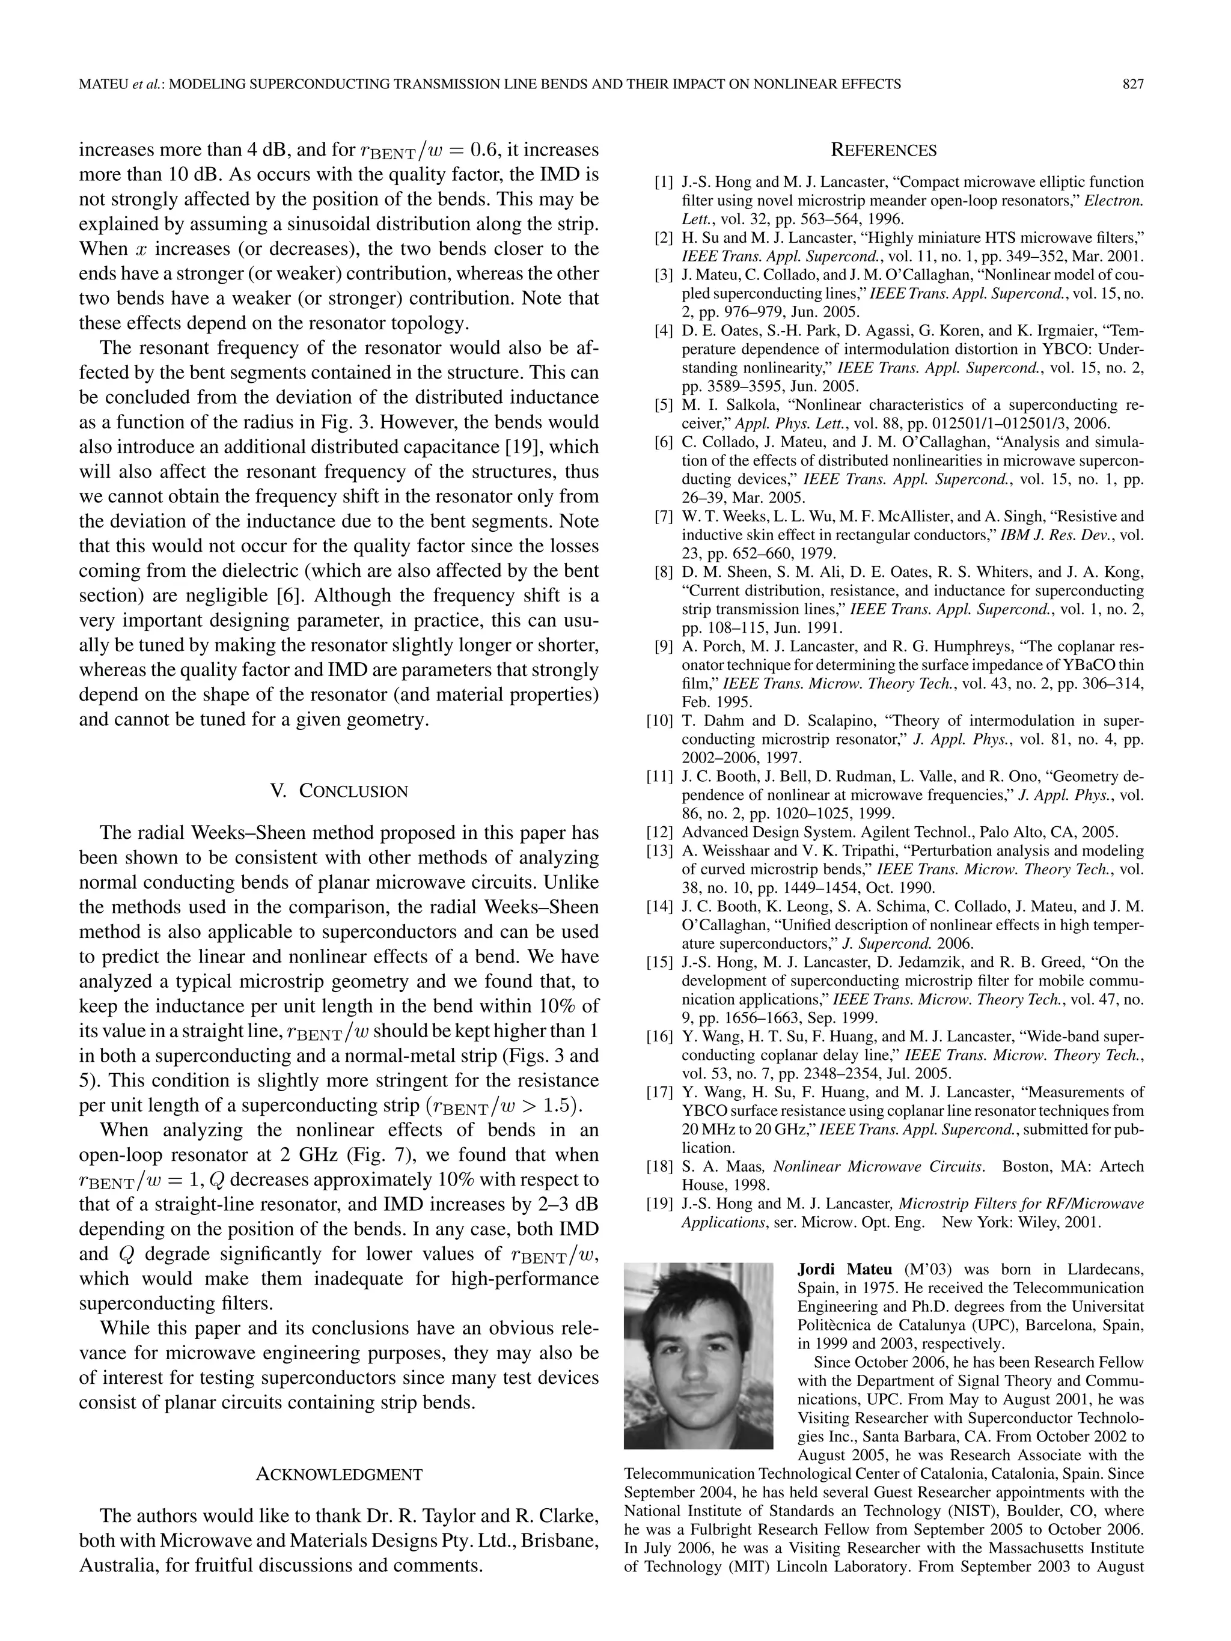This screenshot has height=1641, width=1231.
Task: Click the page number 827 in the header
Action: (x=1132, y=85)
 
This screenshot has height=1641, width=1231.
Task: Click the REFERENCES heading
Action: (x=883, y=151)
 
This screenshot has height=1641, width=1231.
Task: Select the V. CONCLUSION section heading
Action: (x=338, y=791)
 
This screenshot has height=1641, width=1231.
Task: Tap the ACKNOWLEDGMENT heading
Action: (x=338, y=1474)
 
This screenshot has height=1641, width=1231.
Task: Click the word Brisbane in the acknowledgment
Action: (x=560, y=1541)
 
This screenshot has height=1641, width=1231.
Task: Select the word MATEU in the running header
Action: (x=102, y=85)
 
